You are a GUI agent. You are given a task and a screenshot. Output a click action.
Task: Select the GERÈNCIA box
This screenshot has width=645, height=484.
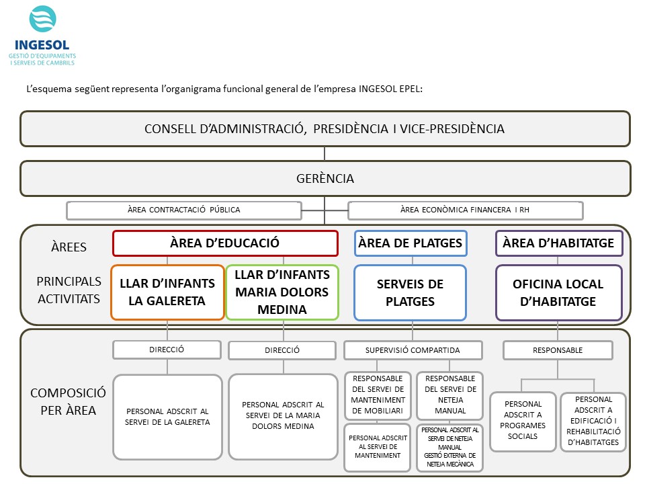[325, 179]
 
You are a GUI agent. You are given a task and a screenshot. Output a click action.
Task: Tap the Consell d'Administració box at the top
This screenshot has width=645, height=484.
[325, 128]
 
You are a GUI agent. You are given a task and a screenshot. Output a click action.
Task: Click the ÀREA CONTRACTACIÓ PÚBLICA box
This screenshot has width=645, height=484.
[183, 210]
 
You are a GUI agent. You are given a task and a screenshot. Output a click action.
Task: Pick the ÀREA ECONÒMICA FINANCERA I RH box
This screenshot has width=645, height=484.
[465, 210]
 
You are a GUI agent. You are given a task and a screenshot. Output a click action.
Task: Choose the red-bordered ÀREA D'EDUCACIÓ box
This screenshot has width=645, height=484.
[224, 243]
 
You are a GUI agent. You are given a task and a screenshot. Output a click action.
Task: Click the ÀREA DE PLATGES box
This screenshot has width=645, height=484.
[411, 243]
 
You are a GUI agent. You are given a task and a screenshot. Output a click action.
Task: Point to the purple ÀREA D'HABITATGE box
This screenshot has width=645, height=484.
[558, 243]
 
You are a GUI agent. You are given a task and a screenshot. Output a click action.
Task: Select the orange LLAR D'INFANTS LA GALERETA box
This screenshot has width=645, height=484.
[167, 292]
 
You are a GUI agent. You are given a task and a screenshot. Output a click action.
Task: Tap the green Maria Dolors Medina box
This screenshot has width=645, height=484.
[283, 292]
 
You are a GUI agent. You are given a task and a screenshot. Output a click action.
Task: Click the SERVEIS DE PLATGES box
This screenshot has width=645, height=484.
[411, 292]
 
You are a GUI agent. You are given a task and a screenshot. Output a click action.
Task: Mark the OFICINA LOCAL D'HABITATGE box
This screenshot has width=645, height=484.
[558, 292]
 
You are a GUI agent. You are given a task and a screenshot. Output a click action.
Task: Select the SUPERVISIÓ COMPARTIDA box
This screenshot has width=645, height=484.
[413, 350]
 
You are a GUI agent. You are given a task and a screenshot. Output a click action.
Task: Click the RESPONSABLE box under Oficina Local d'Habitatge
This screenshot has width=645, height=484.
[558, 350]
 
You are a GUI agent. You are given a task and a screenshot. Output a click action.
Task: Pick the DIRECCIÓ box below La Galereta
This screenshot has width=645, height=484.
[167, 350]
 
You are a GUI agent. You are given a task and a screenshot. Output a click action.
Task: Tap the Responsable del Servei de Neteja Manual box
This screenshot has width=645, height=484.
[449, 395]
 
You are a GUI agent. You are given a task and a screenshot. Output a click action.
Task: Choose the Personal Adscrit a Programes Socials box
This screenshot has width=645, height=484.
[523, 421]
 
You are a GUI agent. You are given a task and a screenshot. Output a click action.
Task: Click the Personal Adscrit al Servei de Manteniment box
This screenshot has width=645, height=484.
[376, 446]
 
